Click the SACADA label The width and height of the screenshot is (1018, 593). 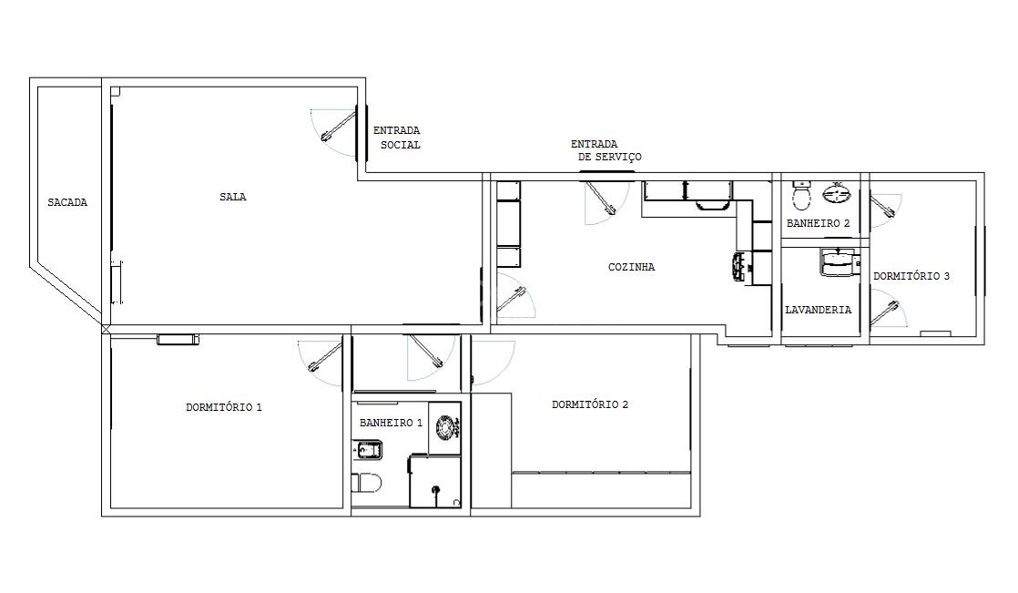[67, 202]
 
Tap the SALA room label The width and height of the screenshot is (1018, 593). [233, 197]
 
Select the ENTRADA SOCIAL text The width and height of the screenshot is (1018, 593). [397, 138]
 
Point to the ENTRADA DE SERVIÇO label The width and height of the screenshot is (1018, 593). [606, 150]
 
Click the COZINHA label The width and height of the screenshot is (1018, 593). [632, 267]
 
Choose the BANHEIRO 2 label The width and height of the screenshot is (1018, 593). [818, 223]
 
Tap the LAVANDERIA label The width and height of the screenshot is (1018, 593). [818, 310]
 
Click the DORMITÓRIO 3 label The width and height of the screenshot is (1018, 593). [911, 276]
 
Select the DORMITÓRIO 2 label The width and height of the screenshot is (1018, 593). [590, 404]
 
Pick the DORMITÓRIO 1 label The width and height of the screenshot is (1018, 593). [224, 407]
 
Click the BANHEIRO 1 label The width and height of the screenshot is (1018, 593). [391, 423]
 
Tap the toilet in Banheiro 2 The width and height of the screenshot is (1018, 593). [802, 194]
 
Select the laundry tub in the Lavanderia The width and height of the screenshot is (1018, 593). [838, 261]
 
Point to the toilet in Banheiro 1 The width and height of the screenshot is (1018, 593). [367, 483]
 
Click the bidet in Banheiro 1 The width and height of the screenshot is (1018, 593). [368, 449]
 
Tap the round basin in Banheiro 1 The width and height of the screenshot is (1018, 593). [444, 426]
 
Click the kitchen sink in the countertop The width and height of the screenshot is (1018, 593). [738, 268]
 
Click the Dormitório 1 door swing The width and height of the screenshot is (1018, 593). [321, 364]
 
